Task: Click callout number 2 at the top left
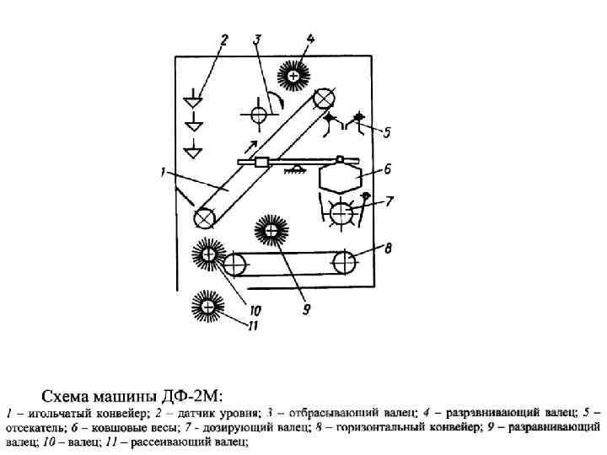coord(225,39)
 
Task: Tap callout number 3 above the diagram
coord(258,39)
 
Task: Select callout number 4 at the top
coord(311,39)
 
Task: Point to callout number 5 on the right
coord(386,132)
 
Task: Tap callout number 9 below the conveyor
coord(307,309)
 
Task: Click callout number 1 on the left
coord(160,174)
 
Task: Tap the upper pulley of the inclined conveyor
coord(321,99)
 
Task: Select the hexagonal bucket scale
coord(340,179)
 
